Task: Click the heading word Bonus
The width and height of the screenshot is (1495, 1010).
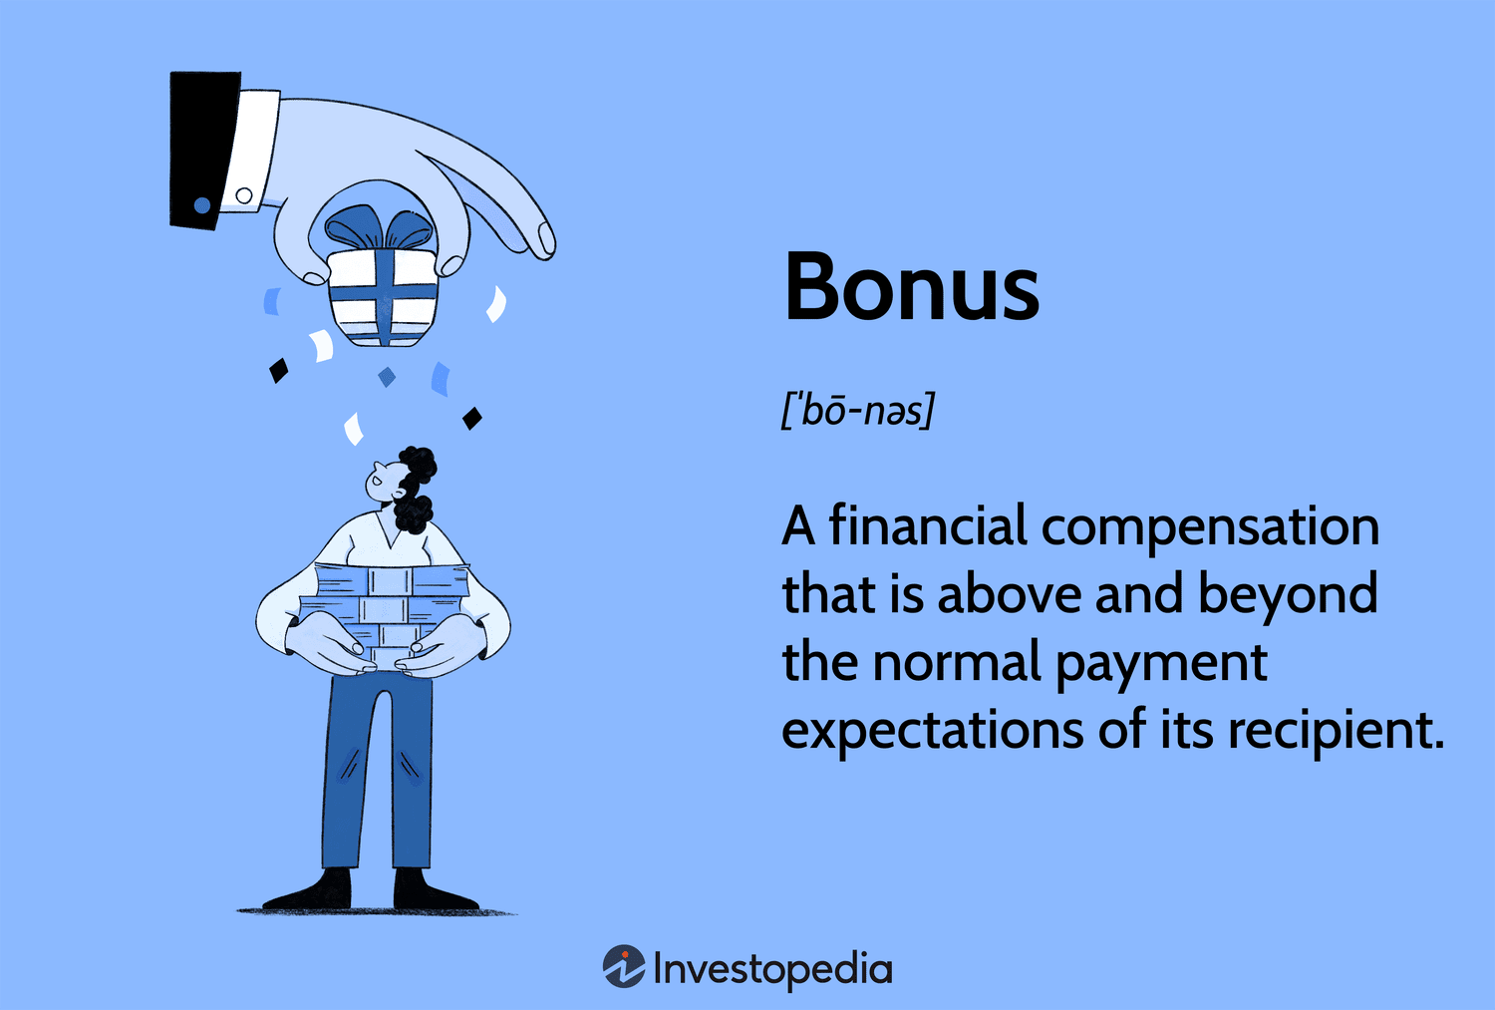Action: click(x=911, y=287)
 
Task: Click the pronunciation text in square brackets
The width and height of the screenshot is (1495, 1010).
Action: click(x=857, y=410)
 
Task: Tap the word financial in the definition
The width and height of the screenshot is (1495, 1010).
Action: click(x=927, y=525)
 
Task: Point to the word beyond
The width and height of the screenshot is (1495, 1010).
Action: click(x=1287, y=595)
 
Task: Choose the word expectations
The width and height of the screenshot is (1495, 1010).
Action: click(x=932, y=731)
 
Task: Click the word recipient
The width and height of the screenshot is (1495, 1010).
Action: click(x=1335, y=731)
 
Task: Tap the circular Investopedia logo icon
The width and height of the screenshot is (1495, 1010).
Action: click(x=624, y=966)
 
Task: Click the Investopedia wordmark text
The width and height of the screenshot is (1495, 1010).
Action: click(x=772, y=969)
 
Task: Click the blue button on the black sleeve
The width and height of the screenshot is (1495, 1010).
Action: click(x=202, y=205)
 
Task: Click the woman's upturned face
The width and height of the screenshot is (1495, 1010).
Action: click(x=383, y=480)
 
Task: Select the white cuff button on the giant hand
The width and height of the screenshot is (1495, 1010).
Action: click(x=244, y=195)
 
